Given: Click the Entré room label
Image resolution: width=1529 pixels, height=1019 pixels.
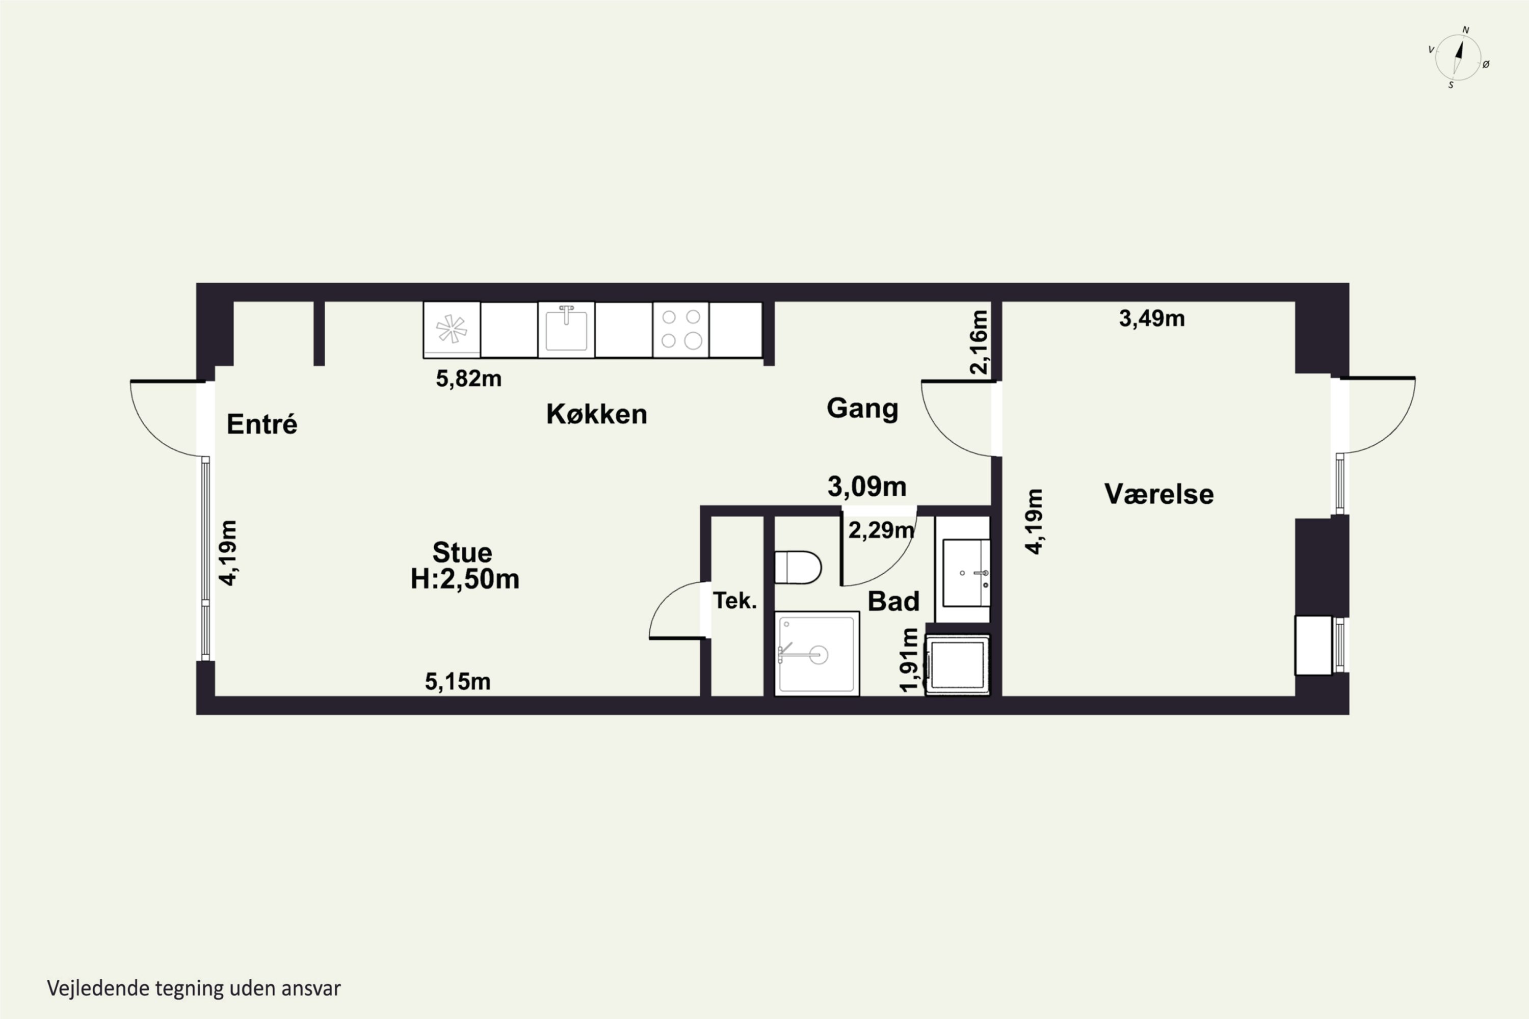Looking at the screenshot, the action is [262, 424].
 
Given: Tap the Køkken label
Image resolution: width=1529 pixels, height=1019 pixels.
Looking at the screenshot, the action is [597, 414].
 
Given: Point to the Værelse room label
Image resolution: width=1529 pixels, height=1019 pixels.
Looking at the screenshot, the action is [1159, 494].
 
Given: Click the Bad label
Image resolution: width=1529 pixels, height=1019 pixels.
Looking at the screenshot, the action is [893, 601].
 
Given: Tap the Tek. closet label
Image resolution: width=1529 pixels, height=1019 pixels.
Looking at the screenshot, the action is [735, 601].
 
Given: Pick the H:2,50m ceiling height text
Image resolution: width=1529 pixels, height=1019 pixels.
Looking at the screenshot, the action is [465, 578].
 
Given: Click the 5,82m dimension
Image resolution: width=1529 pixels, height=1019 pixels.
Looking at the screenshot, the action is [469, 378].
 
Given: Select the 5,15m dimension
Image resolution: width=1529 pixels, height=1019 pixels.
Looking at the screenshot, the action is [458, 681].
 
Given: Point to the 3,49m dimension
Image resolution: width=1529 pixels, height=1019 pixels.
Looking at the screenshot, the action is [1152, 318].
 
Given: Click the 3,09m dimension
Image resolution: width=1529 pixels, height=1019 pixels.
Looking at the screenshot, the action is [867, 486].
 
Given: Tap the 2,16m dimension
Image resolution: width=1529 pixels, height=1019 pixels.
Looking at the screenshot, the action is [979, 342].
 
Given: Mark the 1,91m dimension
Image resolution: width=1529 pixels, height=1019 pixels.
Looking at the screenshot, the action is [909, 660].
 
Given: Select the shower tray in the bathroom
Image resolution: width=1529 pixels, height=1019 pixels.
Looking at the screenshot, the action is [817, 653].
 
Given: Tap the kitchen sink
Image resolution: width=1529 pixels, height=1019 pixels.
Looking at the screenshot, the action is [566, 330].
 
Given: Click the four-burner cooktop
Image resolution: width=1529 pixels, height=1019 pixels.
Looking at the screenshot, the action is [680, 330].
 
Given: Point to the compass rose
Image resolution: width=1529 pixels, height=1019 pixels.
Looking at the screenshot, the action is [1458, 57].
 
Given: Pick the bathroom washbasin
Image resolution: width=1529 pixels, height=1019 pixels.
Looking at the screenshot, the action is [966, 573].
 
